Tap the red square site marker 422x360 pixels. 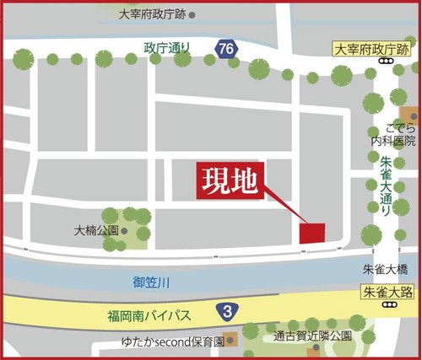[313, 234]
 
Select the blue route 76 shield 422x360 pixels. [225, 49]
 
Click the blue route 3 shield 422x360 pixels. [227, 311]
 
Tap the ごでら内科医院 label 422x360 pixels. [391, 137]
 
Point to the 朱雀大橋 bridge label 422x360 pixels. [385, 270]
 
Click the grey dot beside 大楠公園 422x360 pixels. [124, 229]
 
